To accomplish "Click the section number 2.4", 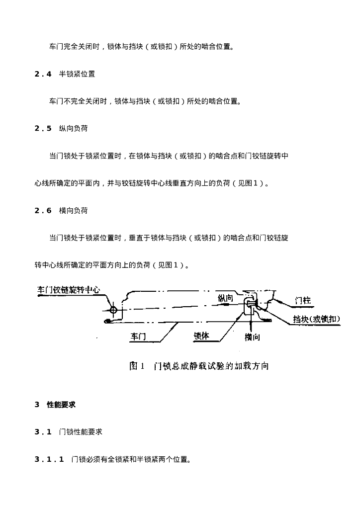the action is click(43, 74).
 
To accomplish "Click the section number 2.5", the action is click(43, 129).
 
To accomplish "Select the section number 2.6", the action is click(43, 211).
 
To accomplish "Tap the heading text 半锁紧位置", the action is click(77, 74).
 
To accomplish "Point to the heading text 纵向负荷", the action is click(74, 129).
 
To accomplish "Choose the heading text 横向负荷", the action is click(74, 211).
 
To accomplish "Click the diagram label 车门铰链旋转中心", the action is click(69, 290).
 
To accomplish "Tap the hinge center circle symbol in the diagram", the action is click(113, 310).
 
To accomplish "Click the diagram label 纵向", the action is click(226, 298).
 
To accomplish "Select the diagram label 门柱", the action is click(302, 301).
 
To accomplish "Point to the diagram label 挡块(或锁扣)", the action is click(317, 319).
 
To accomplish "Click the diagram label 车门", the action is click(138, 337).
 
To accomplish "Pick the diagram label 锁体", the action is click(201, 336).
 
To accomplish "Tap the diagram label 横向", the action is click(252, 338).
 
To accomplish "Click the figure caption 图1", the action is click(137, 366).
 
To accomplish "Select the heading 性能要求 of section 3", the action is click(61, 405).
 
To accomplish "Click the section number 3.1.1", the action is click(49, 459).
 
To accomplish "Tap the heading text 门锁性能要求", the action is click(81, 432).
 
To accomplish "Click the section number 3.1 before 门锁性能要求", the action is click(43, 432).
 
